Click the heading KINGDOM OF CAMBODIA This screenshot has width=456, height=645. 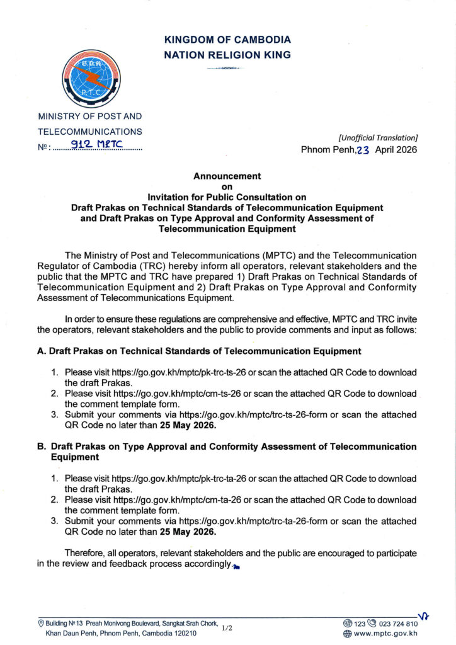pos(227,40)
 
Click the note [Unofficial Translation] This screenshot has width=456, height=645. pos(378,137)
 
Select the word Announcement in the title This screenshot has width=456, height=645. pos(227,176)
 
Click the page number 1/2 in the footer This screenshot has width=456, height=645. pos(227,628)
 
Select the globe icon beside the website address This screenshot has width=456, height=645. pos(347,633)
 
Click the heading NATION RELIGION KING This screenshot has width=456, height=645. pos(227,55)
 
